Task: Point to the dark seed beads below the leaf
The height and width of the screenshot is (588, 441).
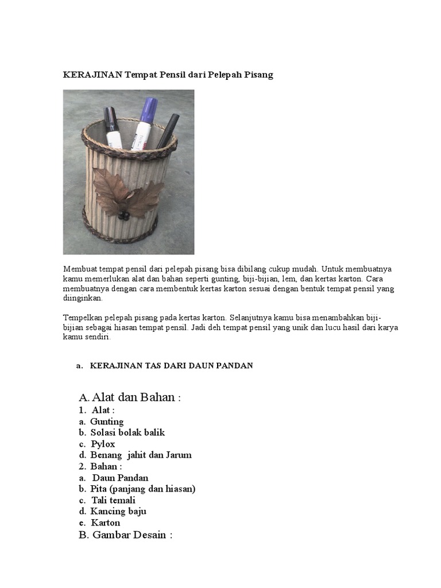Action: pyautogui.click(x=123, y=216)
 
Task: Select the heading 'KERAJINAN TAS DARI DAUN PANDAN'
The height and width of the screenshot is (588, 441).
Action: pyautogui.click(x=171, y=366)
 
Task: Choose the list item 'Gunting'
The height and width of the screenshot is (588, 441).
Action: pyautogui.click(x=107, y=421)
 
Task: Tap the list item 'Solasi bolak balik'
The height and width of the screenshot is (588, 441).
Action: pyautogui.click(x=127, y=432)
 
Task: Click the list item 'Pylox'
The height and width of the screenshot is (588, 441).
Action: pyautogui.click(x=103, y=444)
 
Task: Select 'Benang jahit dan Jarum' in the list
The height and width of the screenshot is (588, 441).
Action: pyautogui.click(x=141, y=455)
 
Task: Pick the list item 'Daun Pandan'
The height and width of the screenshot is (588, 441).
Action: pyautogui.click(x=121, y=478)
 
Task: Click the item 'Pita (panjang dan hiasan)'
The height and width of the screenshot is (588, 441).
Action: pyautogui.click(x=143, y=489)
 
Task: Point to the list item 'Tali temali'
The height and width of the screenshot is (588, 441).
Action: pyautogui.click(x=113, y=500)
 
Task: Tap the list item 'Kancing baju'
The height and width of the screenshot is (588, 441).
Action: pyautogui.click(x=118, y=511)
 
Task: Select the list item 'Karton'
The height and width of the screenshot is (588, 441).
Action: pyautogui.click(x=106, y=523)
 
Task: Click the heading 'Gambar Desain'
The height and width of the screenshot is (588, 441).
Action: pyautogui.click(x=131, y=535)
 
